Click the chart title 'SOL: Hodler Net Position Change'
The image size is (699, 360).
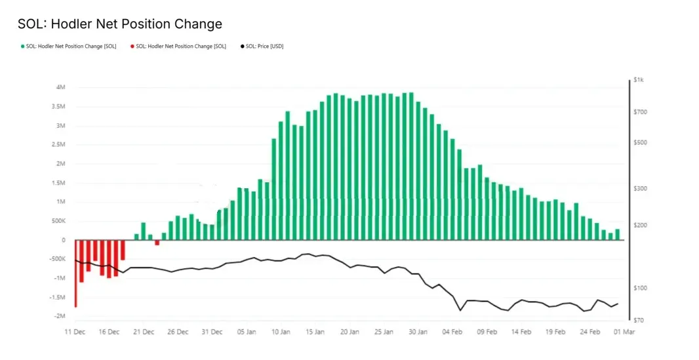coord(120,24)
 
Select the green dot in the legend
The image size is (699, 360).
coord(22,47)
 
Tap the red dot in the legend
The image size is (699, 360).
coord(132,47)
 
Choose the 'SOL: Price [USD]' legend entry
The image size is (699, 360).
coord(264,47)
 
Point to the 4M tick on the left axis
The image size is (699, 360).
coord(60,87)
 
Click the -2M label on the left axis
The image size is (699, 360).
coord(59,316)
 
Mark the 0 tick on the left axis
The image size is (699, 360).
coord(63,240)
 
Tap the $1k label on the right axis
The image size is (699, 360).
coord(639,80)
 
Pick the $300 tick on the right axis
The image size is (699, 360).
coord(639,189)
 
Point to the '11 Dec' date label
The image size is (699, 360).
coord(74,332)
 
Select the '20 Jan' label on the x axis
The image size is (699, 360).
coord(349,332)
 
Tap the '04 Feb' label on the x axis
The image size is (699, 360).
coord(454,332)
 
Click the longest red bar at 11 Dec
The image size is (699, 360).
coord(75,273)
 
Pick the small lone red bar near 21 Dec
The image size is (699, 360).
coord(157,243)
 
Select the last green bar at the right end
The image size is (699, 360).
coord(617,234)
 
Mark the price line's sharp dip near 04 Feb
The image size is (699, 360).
coord(460,310)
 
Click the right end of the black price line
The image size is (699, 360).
coord(618,303)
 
